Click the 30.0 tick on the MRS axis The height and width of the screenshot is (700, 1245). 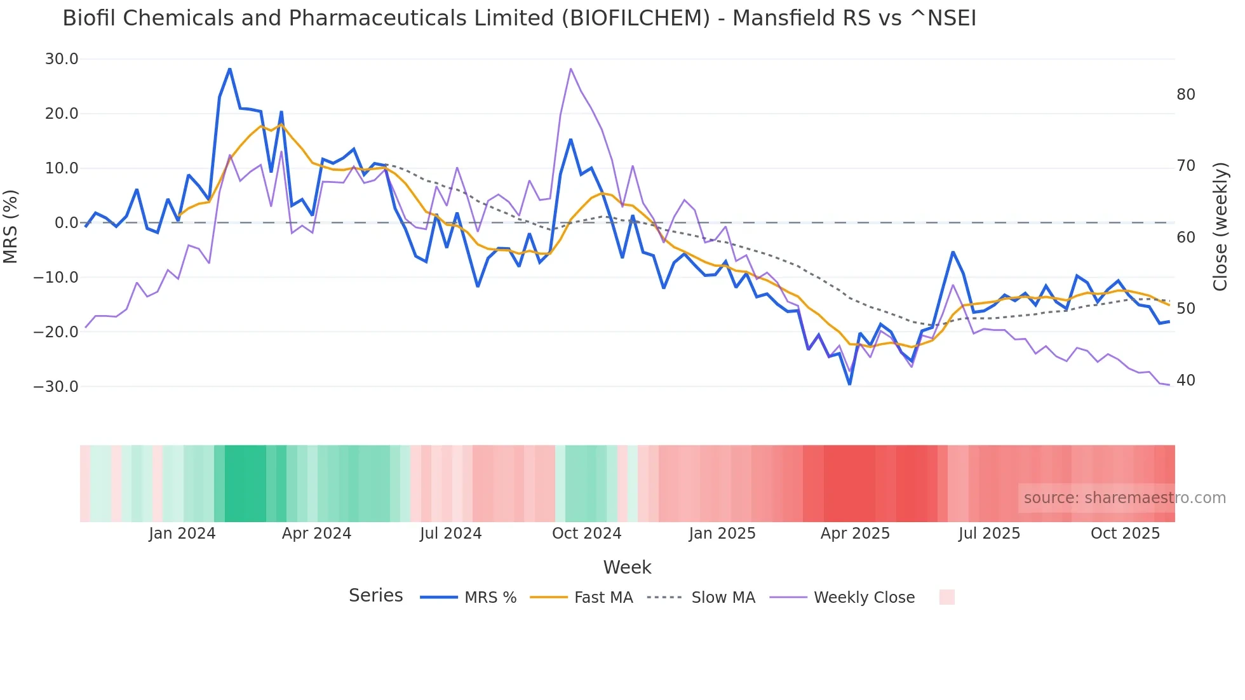pyautogui.click(x=62, y=59)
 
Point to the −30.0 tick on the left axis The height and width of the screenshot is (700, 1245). pyautogui.click(x=56, y=386)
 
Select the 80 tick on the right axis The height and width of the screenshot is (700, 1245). pyautogui.click(x=1185, y=95)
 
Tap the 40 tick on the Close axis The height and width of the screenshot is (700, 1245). pyautogui.click(x=1185, y=380)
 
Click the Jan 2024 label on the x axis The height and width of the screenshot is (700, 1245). pyautogui.click(x=182, y=534)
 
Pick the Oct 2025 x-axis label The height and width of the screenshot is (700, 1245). pyautogui.click(x=1125, y=534)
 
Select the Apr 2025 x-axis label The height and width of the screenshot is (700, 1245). pyautogui.click(x=855, y=534)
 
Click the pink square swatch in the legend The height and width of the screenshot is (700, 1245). pyautogui.click(x=946, y=597)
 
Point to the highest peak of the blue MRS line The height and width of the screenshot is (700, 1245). pyautogui.click(x=229, y=69)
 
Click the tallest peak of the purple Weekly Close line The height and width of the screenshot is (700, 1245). pyautogui.click(x=570, y=69)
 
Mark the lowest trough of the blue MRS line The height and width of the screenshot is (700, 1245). pyautogui.click(x=849, y=384)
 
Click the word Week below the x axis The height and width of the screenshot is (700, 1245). pyautogui.click(x=627, y=567)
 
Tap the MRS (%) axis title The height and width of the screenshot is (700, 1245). pyautogui.click(x=11, y=226)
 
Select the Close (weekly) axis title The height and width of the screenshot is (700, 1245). pyautogui.click(x=1220, y=226)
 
